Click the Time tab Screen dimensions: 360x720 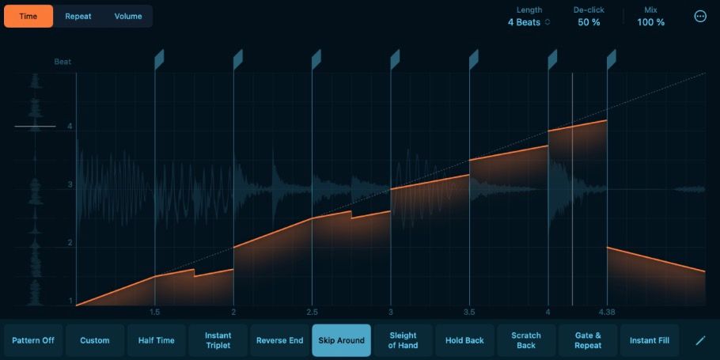[x=28, y=16]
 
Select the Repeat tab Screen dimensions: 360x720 [x=78, y=16]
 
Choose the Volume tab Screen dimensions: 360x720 [x=128, y=16]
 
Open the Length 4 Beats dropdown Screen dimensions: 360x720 [x=529, y=22]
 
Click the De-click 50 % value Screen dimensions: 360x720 [x=589, y=22]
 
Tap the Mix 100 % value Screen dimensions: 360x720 [x=650, y=22]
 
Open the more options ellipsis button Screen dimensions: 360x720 [x=700, y=17]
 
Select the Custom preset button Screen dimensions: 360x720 [x=95, y=340]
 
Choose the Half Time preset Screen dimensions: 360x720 [x=157, y=340]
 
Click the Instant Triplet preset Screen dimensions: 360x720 [x=218, y=340]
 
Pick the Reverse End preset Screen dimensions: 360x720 [x=280, y=340]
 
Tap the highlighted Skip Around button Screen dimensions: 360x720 [x=342, y=340]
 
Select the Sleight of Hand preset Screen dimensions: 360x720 [x=404, y=340]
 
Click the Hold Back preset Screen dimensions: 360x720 [x=464, y=340]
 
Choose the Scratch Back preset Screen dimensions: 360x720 [x=526, y=340]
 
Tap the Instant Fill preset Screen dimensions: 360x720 [x=650, y=340]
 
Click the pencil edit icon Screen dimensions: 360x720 [x=700, y=340]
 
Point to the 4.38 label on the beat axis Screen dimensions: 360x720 [x=608, y=312]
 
